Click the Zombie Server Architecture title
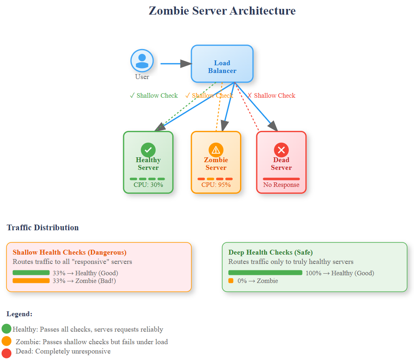tap(222, 11)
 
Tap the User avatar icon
tap(142, 61)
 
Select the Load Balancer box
tap(222, 64)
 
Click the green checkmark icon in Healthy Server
tap(148, 150)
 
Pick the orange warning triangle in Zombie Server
tap(216, 150)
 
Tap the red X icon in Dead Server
tap(281, 150)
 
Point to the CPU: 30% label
tap(148, 185)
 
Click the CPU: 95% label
tap(216, 185)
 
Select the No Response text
tap(281, 185)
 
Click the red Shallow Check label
tap(271, 96)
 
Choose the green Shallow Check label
tap(154, 96)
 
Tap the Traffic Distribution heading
tap(43, 227)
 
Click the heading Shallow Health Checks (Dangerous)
tap(69, 252)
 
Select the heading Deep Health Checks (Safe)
tap(270, 252)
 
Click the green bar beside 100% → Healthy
tap(265, 273)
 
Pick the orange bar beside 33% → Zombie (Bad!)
tap(31, 281)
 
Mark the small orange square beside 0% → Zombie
tap(231, 281)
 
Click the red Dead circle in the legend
tap(6, 352)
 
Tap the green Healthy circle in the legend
tap(6, 329)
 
